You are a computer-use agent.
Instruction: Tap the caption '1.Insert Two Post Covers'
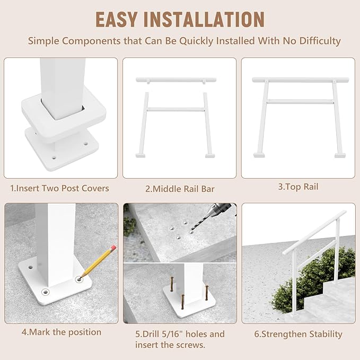[59, 188]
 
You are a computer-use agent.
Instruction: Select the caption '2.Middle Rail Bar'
[180, 188]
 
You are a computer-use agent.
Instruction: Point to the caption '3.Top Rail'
[298, 187]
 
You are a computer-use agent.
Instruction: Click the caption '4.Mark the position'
[61, 332]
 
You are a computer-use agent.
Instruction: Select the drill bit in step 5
[206, 221]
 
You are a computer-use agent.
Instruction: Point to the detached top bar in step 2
[176, 80]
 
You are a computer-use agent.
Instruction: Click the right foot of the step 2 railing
[210, 155]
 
